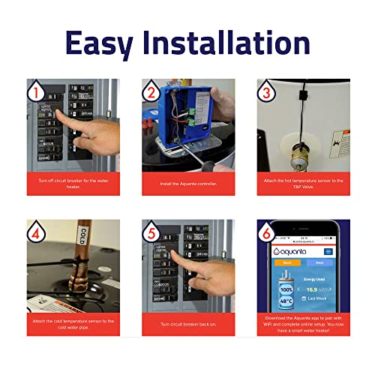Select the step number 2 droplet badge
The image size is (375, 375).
[152, 92]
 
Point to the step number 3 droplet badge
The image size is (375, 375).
[267, 92]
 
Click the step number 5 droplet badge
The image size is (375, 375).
[152, 232]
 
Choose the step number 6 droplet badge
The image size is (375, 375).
[267, 232]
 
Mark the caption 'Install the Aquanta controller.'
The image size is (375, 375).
[187, 182]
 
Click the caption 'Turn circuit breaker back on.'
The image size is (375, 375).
[187, 322]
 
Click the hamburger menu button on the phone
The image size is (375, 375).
[328, 253]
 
